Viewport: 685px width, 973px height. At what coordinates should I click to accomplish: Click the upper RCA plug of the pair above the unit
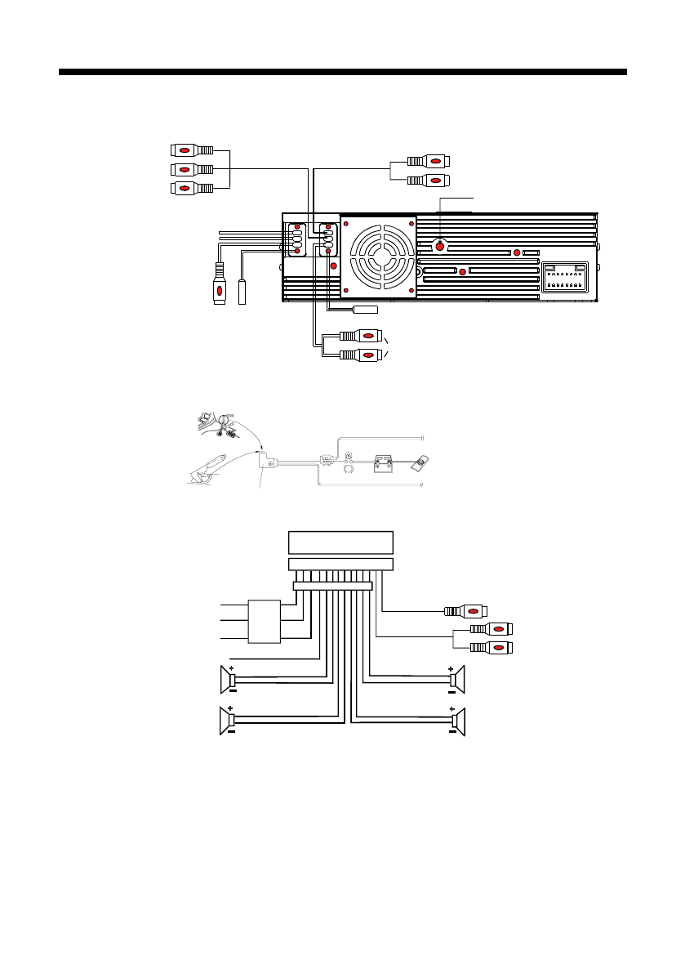[x=428, y=161]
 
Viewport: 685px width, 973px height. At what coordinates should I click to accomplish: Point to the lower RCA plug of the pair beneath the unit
[x=360, y=355]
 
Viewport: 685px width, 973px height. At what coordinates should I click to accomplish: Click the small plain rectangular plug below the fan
[x=366, y=310]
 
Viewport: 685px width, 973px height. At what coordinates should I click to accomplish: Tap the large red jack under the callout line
[x=440, y=246]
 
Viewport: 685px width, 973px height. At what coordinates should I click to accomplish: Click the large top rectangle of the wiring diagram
[x=341, y=542]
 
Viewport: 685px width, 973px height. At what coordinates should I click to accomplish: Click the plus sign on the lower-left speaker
[x=231, y=709]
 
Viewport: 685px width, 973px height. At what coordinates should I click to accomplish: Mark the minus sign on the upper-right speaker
[x=451, y=690]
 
